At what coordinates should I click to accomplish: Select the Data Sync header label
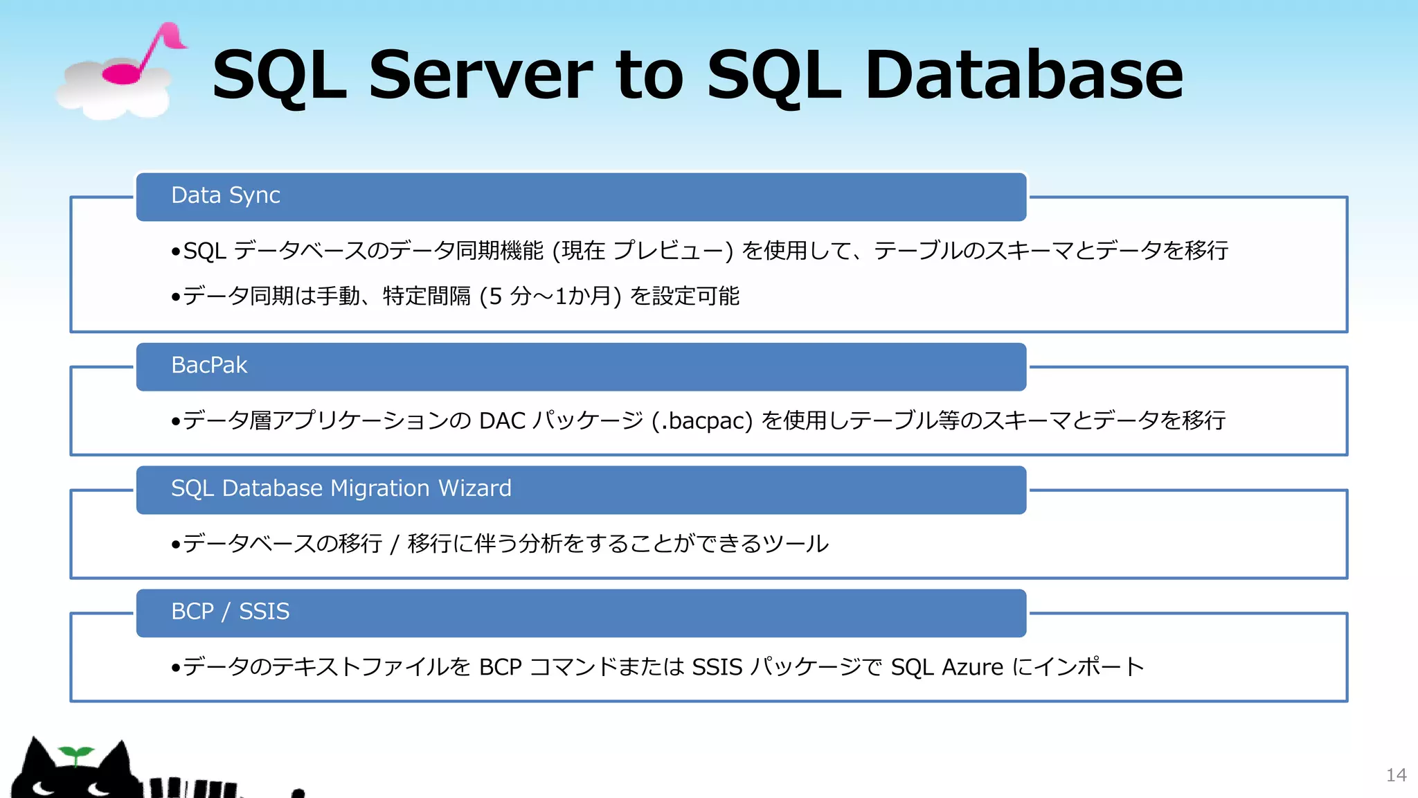[x=226, y=195]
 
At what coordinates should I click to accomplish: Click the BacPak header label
[x=209, y=365]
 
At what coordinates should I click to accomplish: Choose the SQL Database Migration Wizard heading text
[x=341, y=488]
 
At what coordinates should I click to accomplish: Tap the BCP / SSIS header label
[x=230, y=612]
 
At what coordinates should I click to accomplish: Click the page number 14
[x=1396, y=775]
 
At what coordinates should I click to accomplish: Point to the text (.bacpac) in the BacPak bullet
[x=701, y=420]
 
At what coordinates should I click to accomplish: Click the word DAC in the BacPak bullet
[x=502, y=420]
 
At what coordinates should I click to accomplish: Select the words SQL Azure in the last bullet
[x=946, y=667]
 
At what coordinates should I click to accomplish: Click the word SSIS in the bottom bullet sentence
[x=717, y=667]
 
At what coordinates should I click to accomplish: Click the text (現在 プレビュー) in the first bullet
[x=643, y=251]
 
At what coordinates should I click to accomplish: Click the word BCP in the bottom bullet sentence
[x=500, y=667]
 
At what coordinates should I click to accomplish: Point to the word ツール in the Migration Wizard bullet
[x=796, y=544]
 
